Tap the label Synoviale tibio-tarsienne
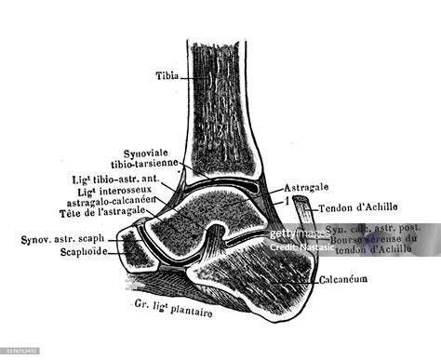(153, 159)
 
